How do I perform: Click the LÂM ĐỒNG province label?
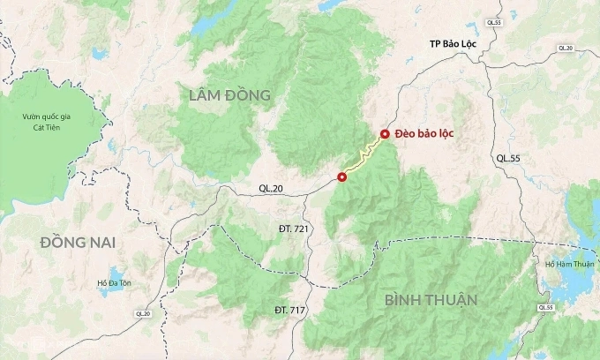click(229, 94)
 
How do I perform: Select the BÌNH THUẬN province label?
click(431, 300)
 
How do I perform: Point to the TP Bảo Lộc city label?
click(452, 43)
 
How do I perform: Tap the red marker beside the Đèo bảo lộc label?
click(384, 134)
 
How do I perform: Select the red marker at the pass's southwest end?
click(341, 177)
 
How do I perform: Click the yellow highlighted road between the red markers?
click(363, 157)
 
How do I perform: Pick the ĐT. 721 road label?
click(292, 229)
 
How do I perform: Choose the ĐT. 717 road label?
click(291, 310)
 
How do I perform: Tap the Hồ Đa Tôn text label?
click(114, 283)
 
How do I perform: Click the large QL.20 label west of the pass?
click(273, 188)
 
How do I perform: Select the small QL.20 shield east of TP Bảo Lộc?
click(566, 48)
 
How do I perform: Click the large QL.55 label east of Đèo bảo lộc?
click(509, 158)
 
